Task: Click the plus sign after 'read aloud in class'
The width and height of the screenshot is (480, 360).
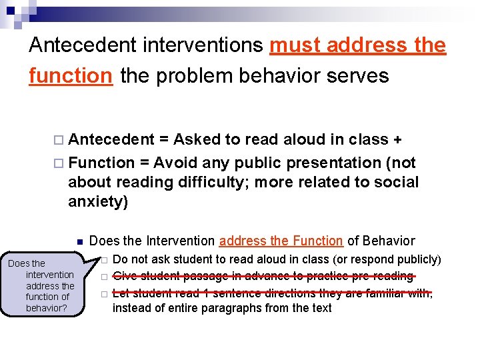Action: [397, 139]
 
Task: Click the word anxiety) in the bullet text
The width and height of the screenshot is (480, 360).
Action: [97, 201]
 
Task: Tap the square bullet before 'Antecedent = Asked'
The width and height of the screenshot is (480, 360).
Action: [61, 140]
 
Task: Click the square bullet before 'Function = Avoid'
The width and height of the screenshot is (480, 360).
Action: [61, 163]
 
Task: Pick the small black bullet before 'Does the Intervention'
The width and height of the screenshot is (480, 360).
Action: [78, 241]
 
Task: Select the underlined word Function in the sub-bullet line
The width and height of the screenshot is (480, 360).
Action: [315, 241]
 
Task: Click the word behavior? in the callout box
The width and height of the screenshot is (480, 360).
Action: [45, 308]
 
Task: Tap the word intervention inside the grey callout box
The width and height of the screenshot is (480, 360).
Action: [50, 275]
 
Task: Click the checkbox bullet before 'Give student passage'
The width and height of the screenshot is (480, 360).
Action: [104, 277]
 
